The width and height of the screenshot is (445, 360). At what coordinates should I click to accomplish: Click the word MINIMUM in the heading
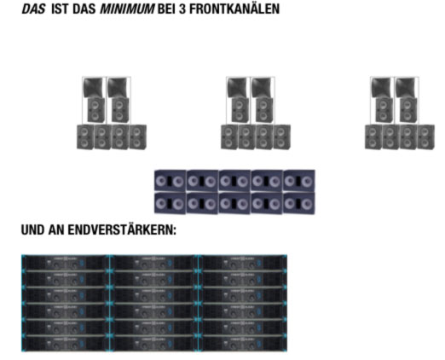(x=127, y=9)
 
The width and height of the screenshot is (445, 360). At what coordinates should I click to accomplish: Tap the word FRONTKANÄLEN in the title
(x=234, y=9)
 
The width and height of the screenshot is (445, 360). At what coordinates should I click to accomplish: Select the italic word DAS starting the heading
(x=33, y=9)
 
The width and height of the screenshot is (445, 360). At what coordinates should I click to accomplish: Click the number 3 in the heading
(x=182, y=9)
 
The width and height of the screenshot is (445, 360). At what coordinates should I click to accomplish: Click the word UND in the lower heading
(x=32, y=229)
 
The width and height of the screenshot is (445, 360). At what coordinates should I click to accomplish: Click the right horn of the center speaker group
(x=263, y=87)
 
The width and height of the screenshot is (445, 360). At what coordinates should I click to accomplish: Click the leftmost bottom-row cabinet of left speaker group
(x=85, y=136)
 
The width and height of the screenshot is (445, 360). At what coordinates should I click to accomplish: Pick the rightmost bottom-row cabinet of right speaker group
(x=425, y=136)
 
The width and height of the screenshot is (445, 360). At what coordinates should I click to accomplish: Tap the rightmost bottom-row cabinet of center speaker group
(x=282, y=136)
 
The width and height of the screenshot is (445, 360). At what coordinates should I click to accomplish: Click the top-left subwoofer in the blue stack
(x=170, y=181)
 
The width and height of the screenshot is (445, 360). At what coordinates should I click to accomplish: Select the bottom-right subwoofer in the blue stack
(x=299, y=203)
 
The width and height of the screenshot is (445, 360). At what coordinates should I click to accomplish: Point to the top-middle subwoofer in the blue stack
(x=234, y=181)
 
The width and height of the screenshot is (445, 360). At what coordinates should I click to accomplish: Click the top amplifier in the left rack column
(x=66, y=263)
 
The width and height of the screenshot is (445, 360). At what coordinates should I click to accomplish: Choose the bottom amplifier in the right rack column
(x=243, y=344)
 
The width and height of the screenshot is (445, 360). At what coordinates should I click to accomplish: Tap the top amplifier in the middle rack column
(x=153, y=263)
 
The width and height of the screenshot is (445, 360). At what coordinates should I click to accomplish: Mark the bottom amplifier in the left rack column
(x=66, y=344)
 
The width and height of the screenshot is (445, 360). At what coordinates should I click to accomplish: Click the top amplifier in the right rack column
(x=243, y=263)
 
